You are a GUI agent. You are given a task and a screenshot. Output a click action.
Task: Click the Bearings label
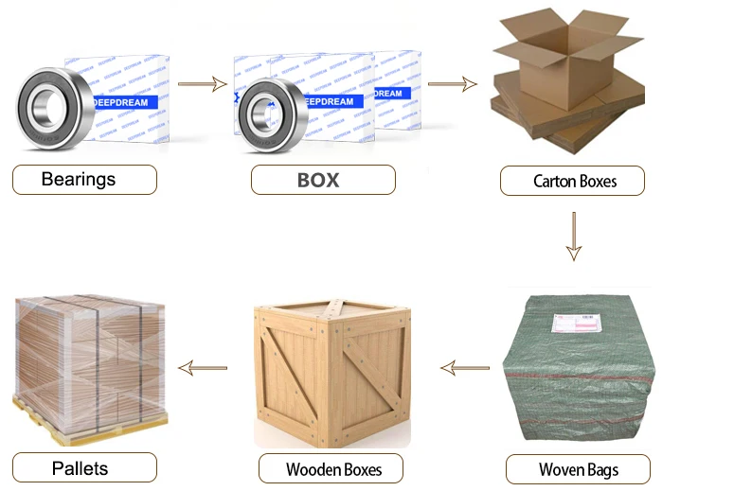83,179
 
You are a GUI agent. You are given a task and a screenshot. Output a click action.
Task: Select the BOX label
322,180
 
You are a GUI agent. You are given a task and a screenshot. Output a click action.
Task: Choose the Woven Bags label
577,469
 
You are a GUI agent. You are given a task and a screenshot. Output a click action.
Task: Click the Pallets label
83,467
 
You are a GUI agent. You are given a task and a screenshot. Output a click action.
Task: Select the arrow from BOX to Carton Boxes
452,84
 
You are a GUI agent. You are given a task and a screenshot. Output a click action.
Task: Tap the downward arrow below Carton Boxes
573,237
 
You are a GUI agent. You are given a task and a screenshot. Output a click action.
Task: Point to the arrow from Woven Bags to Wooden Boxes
464,367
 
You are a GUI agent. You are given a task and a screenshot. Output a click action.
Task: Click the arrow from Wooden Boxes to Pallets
203,367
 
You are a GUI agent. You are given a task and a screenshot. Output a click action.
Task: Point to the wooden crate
331,374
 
